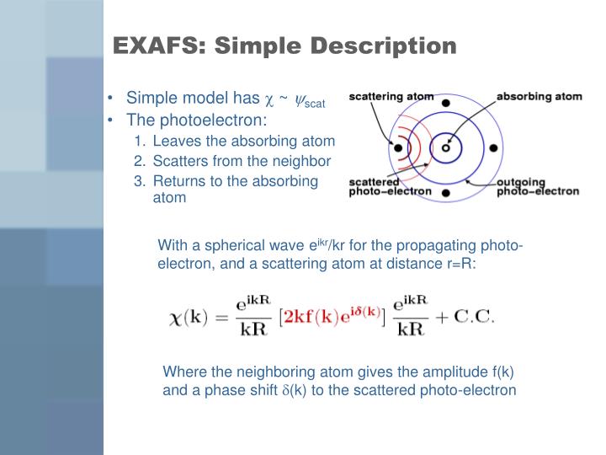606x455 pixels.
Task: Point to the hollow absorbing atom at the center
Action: click(x=446, y=148)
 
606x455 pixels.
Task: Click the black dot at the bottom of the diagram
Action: click(x=445, y=194)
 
